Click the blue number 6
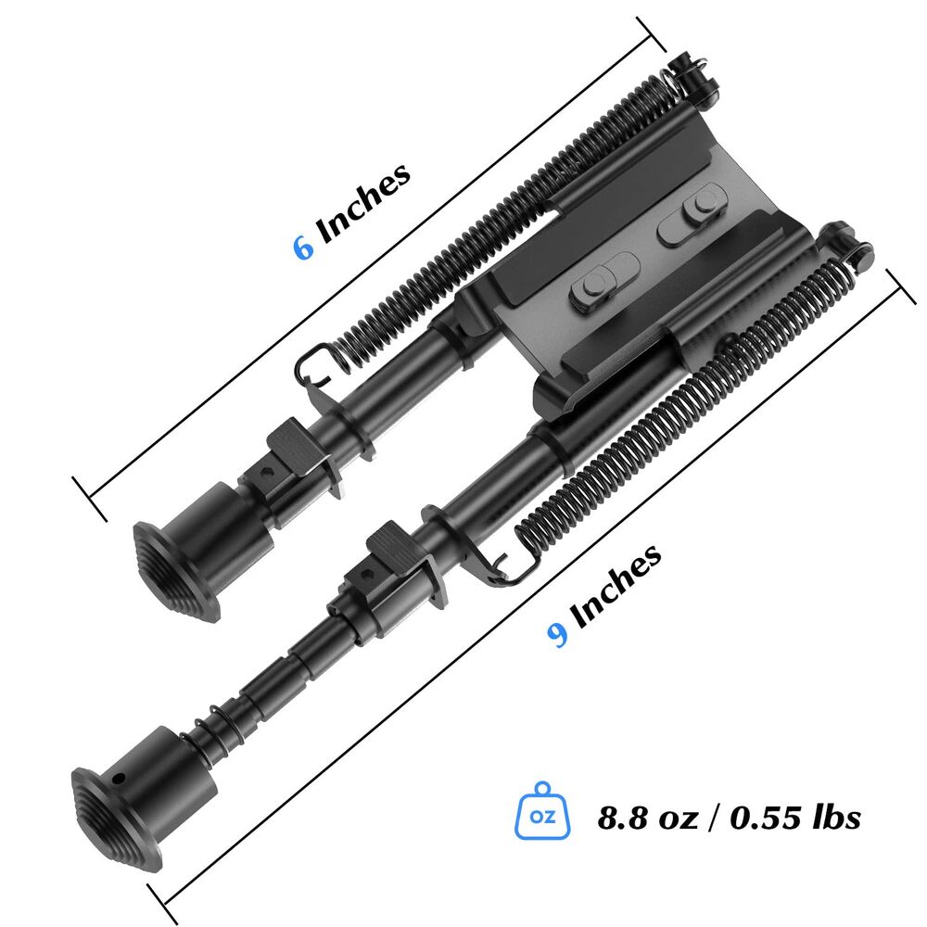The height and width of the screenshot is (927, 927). tap(303, 248)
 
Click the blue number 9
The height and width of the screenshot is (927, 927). tap(557, 635)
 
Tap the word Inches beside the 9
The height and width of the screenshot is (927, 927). tap(616, 586)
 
